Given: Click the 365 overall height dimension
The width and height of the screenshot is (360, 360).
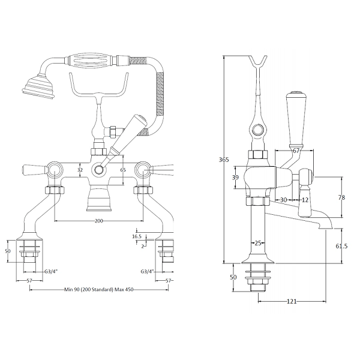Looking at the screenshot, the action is [x=224, y=160].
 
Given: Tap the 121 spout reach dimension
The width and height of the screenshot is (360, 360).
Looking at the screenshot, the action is [x=292, y=301].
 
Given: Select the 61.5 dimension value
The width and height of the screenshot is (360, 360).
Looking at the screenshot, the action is [x=341, y=246].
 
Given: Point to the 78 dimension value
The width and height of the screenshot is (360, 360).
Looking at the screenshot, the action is [x=341, y=197].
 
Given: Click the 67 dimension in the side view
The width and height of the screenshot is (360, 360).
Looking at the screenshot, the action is [x=296, y=151].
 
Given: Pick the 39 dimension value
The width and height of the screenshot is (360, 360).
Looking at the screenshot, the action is [x=235, y=177].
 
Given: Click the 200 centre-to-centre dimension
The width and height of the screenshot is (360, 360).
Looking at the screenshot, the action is [x=99, y=221].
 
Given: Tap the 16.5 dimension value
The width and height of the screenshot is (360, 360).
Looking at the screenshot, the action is [x=137, y=236].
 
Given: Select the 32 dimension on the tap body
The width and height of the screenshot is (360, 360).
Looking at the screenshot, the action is [x=80, y=170].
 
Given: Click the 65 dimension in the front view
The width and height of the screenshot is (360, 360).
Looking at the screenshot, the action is [x=123, y=170].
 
